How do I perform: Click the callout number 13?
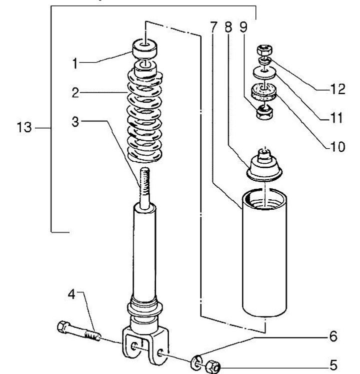point(24,127)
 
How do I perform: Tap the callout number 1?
point(75,64)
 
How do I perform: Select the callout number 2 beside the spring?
point(75,93)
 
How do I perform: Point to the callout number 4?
point(71,294)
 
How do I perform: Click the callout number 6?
point(333,336)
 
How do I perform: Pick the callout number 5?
point(333,365)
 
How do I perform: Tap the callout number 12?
point(338,89)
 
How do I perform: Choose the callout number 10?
point(338,146)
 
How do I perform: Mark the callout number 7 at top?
point(214,27)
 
